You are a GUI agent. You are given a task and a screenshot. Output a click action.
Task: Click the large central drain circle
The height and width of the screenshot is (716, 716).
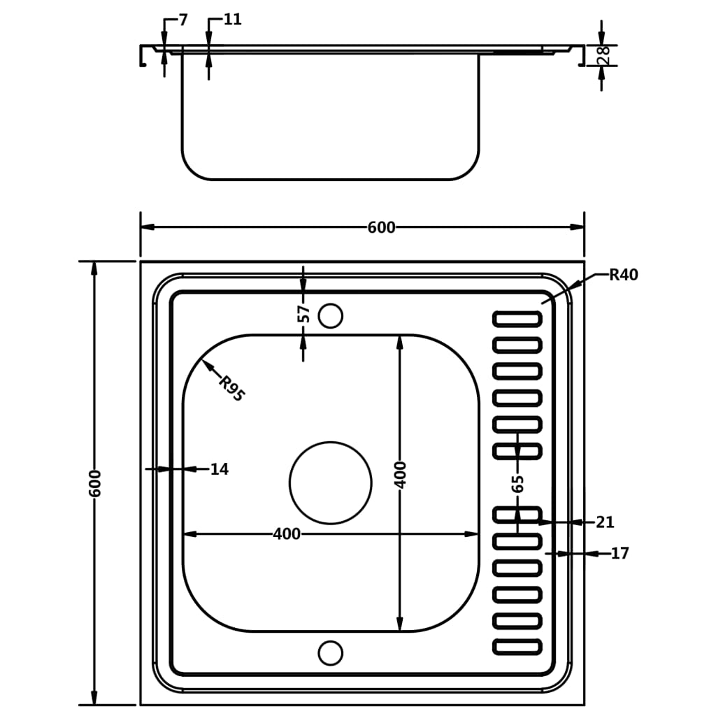[330, 482]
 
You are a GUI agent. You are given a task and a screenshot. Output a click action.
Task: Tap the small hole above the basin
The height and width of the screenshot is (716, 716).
[330, 316]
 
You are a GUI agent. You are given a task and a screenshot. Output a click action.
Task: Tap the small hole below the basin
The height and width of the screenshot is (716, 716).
[330, 653]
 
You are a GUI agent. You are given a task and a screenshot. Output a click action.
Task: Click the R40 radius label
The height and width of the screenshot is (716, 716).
[623, 275]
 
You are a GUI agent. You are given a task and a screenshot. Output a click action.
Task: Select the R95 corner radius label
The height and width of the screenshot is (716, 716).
[231, 389]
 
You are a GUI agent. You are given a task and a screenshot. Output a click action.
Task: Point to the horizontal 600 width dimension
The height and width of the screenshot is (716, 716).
[381, 227]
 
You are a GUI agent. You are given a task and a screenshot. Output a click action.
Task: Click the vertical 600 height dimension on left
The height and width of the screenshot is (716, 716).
[95, 482]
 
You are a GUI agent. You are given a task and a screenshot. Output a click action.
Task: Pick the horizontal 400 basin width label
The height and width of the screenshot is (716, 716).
[287, 534]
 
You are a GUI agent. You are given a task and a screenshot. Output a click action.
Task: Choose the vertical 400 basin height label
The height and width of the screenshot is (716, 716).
[400, 474]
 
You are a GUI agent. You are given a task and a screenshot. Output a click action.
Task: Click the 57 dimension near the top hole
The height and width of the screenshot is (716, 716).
[304, 313]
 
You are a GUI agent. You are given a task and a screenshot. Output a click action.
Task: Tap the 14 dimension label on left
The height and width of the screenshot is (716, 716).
[219, 469]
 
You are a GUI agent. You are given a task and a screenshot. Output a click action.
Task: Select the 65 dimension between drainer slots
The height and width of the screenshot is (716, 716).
[517, 483]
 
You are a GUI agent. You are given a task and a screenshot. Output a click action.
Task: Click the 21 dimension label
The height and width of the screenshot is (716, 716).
[605, 522]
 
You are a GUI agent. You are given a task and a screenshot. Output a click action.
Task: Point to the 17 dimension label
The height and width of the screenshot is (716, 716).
[620, 554]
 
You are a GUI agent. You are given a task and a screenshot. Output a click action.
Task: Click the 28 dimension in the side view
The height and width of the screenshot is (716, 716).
[604, 55]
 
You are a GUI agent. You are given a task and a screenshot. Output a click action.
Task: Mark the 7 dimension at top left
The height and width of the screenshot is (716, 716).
[183, 20]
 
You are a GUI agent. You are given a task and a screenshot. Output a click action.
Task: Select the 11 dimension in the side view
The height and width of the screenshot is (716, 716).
[232, 20]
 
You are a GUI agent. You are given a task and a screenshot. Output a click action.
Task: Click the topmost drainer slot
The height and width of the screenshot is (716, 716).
[517, 319]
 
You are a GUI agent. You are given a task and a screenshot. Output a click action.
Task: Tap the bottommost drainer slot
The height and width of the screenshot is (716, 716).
[517, 647]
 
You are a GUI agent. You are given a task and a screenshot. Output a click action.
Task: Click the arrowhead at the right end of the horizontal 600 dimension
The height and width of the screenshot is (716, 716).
[577, 227]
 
